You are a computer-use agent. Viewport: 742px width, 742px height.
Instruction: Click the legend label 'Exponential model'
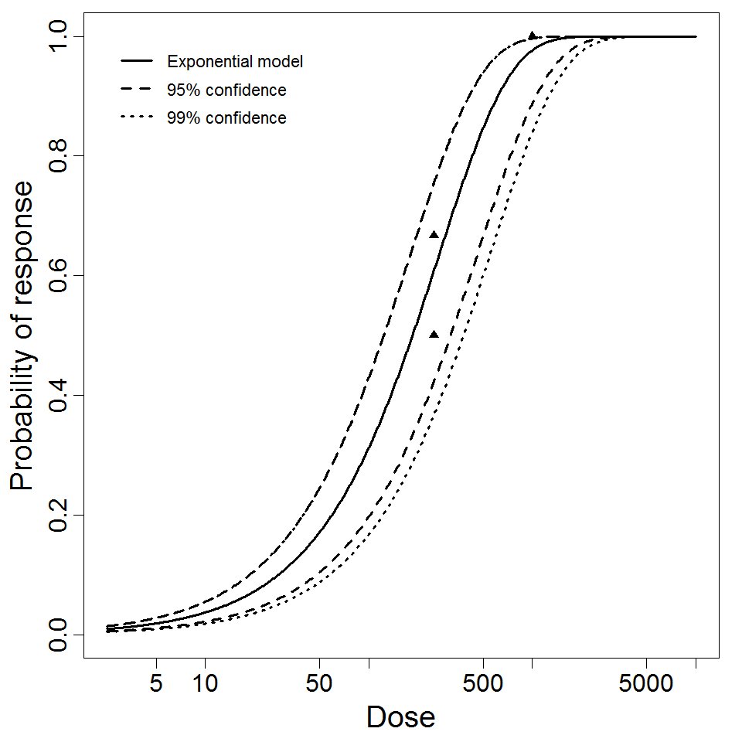(x=235, y=62)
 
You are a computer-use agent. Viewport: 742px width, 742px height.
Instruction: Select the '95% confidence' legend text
(x=226, y=90)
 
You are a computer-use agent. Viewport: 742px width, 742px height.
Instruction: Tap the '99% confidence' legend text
(x=226, y=118)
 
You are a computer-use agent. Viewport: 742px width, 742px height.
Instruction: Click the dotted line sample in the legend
(x=138, y=118)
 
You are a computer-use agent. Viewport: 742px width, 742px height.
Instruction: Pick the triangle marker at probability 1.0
(x=532, y=36)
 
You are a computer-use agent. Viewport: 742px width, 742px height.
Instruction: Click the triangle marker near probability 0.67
(x=434, y=235)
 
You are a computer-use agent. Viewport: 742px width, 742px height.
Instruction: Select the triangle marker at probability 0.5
(x=434, y=335)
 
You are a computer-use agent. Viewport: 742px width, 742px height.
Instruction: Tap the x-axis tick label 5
(x=157, y=685)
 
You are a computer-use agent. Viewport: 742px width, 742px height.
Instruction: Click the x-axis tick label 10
(x=206, y=685)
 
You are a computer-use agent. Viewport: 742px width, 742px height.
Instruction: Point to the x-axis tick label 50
(x=319, y=685)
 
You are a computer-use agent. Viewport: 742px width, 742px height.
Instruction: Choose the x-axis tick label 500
(x=483, y=685)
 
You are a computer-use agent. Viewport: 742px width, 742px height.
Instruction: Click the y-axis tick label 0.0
(x=60, y=635)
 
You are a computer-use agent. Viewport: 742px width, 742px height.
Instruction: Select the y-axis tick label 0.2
(x=60, y=515)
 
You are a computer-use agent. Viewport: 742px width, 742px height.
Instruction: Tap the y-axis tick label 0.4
(x=60, y=395)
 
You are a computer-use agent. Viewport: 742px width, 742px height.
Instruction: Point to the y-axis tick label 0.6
(x=60, y=275)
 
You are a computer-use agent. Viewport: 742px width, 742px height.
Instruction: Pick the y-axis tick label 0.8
(x=60, y=155)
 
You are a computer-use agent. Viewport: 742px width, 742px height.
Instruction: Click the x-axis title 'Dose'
(x=401, y=718)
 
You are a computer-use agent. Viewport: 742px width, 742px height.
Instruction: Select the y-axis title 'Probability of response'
(x=22, y=335)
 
